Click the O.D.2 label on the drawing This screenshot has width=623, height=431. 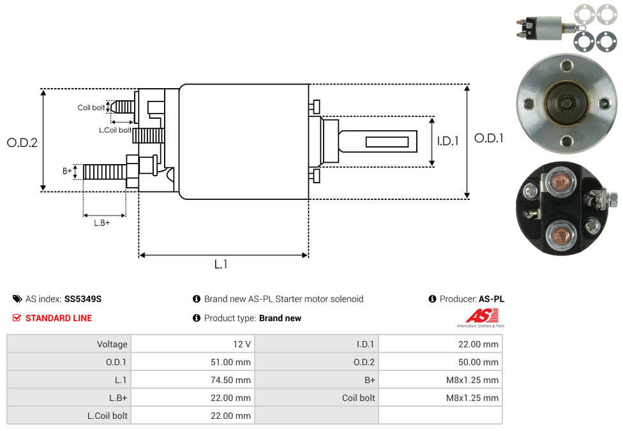[x=22, y=143]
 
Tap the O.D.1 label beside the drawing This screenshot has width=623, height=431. [x=489, y=138]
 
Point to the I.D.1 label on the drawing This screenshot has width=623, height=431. [x=447, y=141]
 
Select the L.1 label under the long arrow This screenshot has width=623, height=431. [x=221, y=264]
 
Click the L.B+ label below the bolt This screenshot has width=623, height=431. [x=102, y=223]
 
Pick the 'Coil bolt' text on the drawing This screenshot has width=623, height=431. [x=91, y=108]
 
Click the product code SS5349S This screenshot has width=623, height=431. [x=83, y=299]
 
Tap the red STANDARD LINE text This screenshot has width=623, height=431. [x=59, y=318]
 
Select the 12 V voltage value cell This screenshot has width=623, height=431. [x=242, y=344]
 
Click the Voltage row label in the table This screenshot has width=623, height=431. [x=112, y=344]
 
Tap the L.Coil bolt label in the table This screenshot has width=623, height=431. [x=107, y=416]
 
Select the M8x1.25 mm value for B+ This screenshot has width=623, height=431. [x=472, y=380]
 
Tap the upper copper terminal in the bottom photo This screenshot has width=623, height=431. [x=560, y=185]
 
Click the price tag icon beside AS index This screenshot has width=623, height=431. [x=17, y=299]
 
